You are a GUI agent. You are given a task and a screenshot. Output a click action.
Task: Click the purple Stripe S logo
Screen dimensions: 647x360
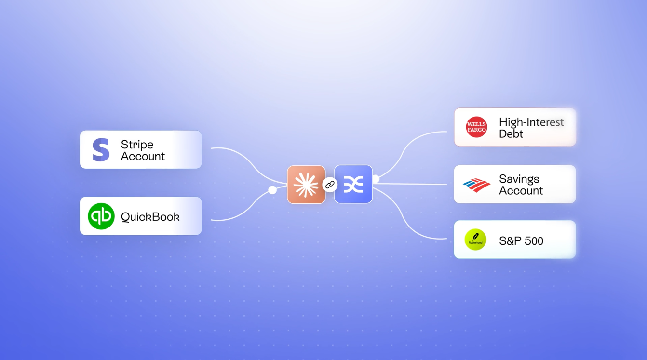click(101, 149)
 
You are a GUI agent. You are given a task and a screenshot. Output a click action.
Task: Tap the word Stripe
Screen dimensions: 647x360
click(137, 145)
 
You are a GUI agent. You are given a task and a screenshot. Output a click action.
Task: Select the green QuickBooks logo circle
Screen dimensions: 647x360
click(101, 216)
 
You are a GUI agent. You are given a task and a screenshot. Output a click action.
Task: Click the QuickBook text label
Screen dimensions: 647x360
click(150, 217)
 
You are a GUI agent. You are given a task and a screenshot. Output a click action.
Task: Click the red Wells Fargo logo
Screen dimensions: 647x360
click(476, 127)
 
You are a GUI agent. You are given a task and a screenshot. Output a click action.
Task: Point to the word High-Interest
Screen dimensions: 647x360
click(531, 122)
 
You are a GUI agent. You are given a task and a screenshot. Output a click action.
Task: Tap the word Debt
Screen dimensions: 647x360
click(511, 133)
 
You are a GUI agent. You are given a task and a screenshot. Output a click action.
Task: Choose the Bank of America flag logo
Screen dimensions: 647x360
click(476, 185)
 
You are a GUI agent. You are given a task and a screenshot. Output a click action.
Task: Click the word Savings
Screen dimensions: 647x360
click(519, 179)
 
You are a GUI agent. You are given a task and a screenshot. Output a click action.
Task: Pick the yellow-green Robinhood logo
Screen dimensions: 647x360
click(475, 240)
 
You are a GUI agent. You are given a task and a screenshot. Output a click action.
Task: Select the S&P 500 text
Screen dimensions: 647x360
click(521, 241)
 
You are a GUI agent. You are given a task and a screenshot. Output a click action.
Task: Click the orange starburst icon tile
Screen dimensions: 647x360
click(306, 185)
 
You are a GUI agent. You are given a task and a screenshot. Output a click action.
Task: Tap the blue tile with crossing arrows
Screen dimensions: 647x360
click(353, 184)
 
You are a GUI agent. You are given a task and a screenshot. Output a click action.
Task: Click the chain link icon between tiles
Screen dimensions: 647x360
click(330, 185)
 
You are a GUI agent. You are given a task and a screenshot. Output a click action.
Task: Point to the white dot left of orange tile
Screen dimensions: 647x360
click(272, 190)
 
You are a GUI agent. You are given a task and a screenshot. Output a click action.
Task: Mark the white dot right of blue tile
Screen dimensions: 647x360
click(376, 179)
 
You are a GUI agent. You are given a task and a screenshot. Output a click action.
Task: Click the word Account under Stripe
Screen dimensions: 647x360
click(143, 156)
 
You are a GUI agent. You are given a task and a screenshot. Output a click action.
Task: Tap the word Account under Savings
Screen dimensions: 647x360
click(521, 190)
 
